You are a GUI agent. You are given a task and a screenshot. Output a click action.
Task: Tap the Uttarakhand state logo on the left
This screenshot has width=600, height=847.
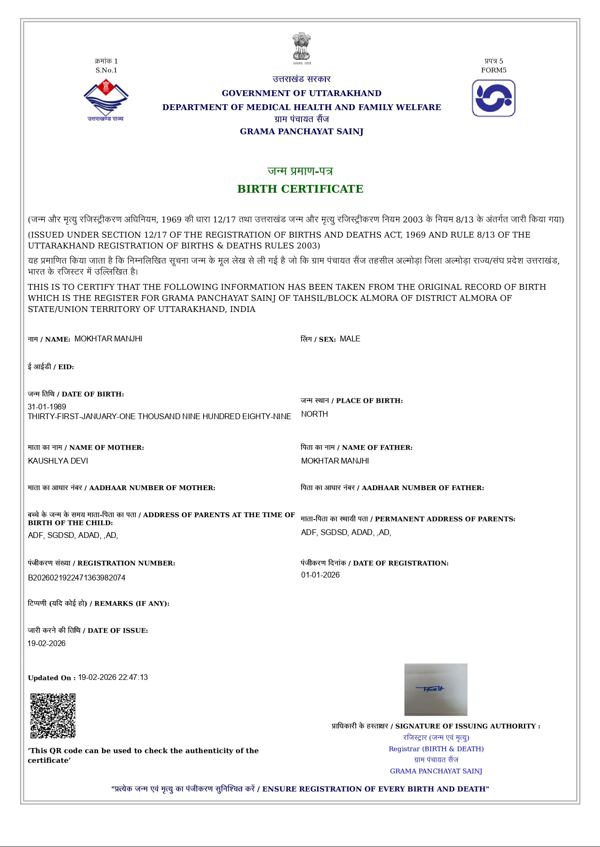click(106, 100)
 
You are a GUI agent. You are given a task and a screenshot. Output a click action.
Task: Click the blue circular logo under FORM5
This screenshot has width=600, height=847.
click(494, 99)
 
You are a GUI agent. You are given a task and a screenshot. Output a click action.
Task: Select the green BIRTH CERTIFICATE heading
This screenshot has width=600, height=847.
click(300, 189)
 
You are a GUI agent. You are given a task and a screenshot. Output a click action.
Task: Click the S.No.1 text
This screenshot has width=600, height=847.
click(106, 70)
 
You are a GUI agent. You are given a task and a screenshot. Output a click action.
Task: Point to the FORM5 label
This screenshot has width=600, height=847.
click(494, 70)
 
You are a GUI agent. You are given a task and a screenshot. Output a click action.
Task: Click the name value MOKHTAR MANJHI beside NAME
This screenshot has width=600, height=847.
click(108, 339)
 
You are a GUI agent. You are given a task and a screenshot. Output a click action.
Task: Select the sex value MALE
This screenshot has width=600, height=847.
click(350, 339)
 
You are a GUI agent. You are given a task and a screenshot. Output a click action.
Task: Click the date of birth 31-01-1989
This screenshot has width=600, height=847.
click(47, 407)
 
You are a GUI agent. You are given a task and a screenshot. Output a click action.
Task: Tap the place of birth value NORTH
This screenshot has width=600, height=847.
click(314, 414)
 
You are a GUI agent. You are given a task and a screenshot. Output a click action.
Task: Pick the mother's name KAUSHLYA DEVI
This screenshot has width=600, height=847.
click(58, 461)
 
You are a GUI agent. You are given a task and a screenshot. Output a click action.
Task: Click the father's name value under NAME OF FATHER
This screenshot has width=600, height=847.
click(335, 461)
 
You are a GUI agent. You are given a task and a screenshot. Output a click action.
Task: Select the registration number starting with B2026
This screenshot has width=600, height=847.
click(77, 578)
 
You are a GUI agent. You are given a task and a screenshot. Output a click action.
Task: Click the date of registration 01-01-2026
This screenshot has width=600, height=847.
click(321, 575)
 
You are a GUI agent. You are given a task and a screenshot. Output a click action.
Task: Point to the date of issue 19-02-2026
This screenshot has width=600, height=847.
click(46, 643)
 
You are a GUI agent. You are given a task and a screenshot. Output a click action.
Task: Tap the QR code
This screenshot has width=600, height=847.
click(53, 716)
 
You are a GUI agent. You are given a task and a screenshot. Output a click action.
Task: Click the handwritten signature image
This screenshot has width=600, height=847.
click(436, 690)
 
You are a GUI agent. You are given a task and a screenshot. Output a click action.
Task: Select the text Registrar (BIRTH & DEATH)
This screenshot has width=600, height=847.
click(436, 748)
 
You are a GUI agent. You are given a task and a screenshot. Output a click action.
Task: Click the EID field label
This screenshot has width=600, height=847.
click(51, 367)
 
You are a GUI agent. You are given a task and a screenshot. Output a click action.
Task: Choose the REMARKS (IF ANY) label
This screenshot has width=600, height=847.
click(99, 604)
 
